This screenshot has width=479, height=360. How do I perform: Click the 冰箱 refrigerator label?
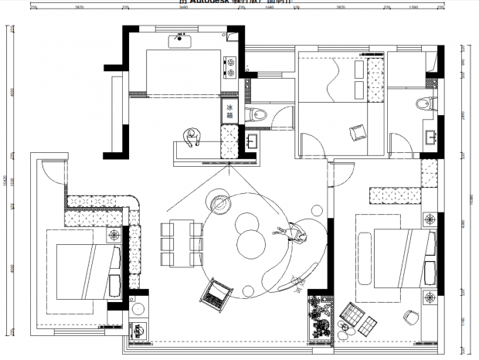pyautogui.click(x=229, y=110)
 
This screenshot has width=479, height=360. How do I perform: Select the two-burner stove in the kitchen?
pyautogui.click(x=229, y=67)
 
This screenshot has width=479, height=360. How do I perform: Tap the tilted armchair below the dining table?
pyautogui.click(x=214, y=292)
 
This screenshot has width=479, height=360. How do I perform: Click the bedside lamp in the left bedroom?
pyautogui.click(x=115, y=234)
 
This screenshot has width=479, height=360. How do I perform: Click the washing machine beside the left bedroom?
pyautogui.click(x=139, y=328)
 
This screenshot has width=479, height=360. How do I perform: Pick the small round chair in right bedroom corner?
pyautogui.click(x=409, y=317)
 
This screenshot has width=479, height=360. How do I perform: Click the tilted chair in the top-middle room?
pyautogui.click(x=356, y=133)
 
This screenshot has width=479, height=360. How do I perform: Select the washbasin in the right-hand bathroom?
pyautogui.click(x=430, y=138)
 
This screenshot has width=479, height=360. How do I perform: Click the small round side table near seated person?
pyautogui.click(x=317, y=209)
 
